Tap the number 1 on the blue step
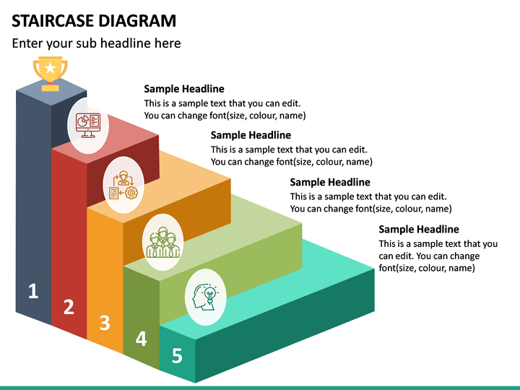[32, 291]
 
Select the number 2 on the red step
[69, 307]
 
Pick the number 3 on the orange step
[105, 323]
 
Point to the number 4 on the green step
[141, 338]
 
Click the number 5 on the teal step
[177, 355]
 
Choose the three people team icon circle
[163, 239]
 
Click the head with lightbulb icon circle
[205, 296]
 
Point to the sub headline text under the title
[96, 43]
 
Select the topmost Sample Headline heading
[184, 89]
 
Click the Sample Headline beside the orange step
[251, 135]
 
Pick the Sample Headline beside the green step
[329, 182]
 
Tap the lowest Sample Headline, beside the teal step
[419, 229]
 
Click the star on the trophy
[50, 68]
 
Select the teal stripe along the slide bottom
[260, 387]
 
